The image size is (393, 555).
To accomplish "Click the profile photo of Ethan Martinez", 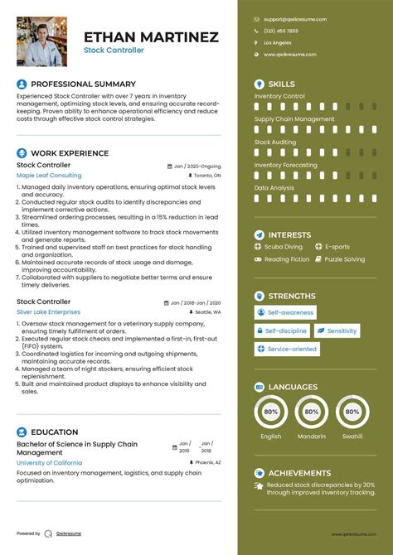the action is pyautogui.click(x=41, y=41).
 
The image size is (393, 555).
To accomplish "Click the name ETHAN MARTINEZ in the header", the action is pyautogui.click(x=151, y=36).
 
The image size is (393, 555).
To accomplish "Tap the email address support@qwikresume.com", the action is pyautogui.click(x=295, y=19).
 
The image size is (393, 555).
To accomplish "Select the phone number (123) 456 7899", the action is pyautogui.click(x=281, y=31).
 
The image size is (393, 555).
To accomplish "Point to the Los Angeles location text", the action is pyautogui.click(x=278, y=42).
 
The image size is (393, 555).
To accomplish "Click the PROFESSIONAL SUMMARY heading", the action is pyautogui.click(x=83, y=84).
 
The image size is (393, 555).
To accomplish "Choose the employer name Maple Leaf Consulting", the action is pyautogui.click(x=49, y=176).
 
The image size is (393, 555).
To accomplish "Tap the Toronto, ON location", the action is pyautogui.click(x=207, y=176).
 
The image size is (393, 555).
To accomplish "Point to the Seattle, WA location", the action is pyautogui.click(x=206, y=312).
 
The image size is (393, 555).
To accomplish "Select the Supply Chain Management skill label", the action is pyautogui.click(x=294, y=119).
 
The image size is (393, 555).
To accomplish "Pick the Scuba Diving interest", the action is pyautogui.click(x=283, y=247).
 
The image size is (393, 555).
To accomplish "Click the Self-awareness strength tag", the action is pyautogui.click(x=289, y=312).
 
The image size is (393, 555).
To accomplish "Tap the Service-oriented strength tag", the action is pyautogui.click(x=291, y=350).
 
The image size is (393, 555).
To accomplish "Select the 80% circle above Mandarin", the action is pyautogui.click(x=311, y=410).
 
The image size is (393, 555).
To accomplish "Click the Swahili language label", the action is pyautogui.click(x=352, y=437).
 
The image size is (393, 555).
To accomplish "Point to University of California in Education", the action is pyautogui.click(x=50, y=462).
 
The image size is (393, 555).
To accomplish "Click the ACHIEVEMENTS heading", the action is pyautogui.click(x=303, y=473).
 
